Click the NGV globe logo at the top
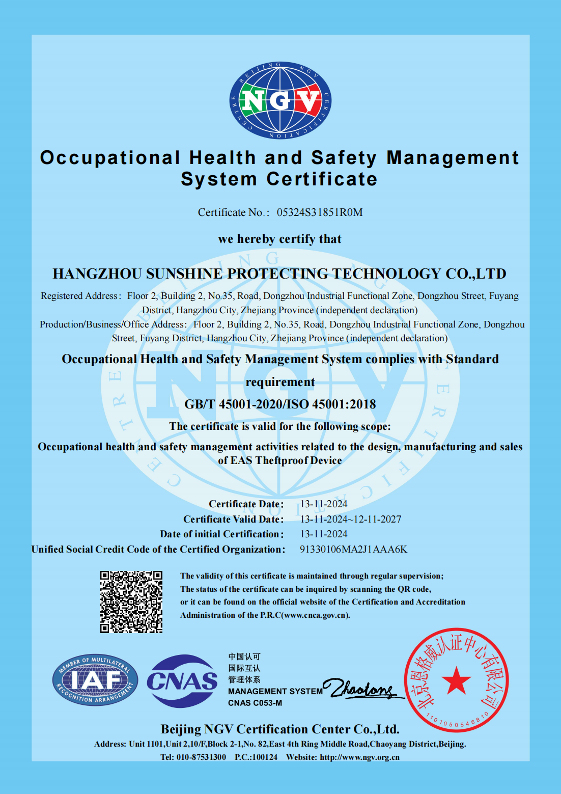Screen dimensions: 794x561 pos(280,100)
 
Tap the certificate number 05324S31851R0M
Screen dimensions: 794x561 pos(319,212)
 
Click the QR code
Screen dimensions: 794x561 pos(131,601)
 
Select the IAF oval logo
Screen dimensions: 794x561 pos(95,680)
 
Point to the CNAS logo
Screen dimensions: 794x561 pos(182,681)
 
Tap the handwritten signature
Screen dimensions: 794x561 pos(362,689)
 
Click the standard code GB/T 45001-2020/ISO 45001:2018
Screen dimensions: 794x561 pos(280,404)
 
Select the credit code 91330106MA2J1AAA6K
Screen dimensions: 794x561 pos(353,549)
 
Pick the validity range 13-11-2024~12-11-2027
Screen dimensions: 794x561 pos(350,519)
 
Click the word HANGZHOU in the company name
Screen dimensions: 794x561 pos(97,274)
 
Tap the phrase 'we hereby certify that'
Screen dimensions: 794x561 pos(279,239)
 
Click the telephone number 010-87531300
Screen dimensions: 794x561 pos(201,757)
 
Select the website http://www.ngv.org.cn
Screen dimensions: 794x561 pos(359,757)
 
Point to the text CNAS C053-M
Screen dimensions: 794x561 pos(255,703)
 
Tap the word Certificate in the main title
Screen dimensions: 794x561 pos(322,179)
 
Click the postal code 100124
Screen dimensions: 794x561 pos(265,757)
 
